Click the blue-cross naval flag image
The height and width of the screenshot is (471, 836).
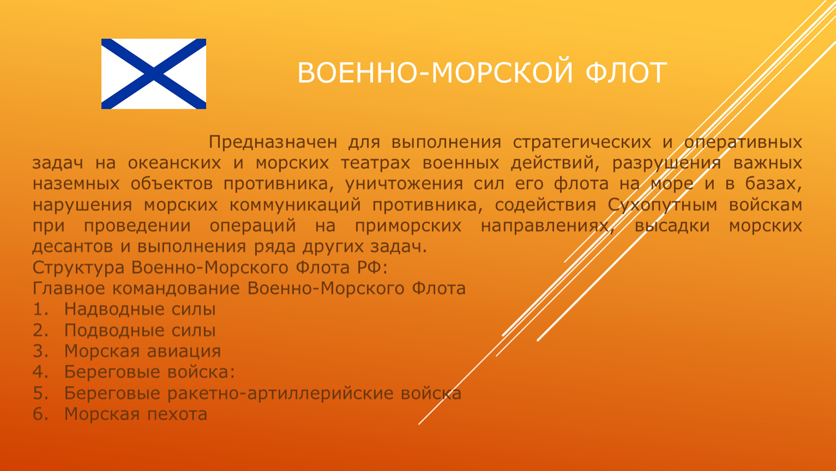pos(154,74)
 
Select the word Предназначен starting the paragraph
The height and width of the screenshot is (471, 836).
pos(273,142)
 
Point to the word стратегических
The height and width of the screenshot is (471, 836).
pos(582,142)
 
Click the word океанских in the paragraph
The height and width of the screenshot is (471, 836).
pos(175,163)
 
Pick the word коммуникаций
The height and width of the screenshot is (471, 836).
pos(295,206)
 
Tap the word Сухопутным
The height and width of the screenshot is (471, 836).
pos(663,205)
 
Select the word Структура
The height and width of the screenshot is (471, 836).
pos(79,268)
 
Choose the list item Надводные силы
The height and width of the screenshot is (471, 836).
pos(140,310)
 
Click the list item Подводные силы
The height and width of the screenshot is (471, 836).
pos(140,330)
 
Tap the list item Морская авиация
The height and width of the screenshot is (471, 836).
pos(142,351)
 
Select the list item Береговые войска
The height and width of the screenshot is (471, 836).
pos(149,372)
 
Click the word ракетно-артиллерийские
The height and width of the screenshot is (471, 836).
pos(280,394)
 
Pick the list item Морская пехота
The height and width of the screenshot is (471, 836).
pos(136,414)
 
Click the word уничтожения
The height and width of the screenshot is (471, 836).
pos(404,184)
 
